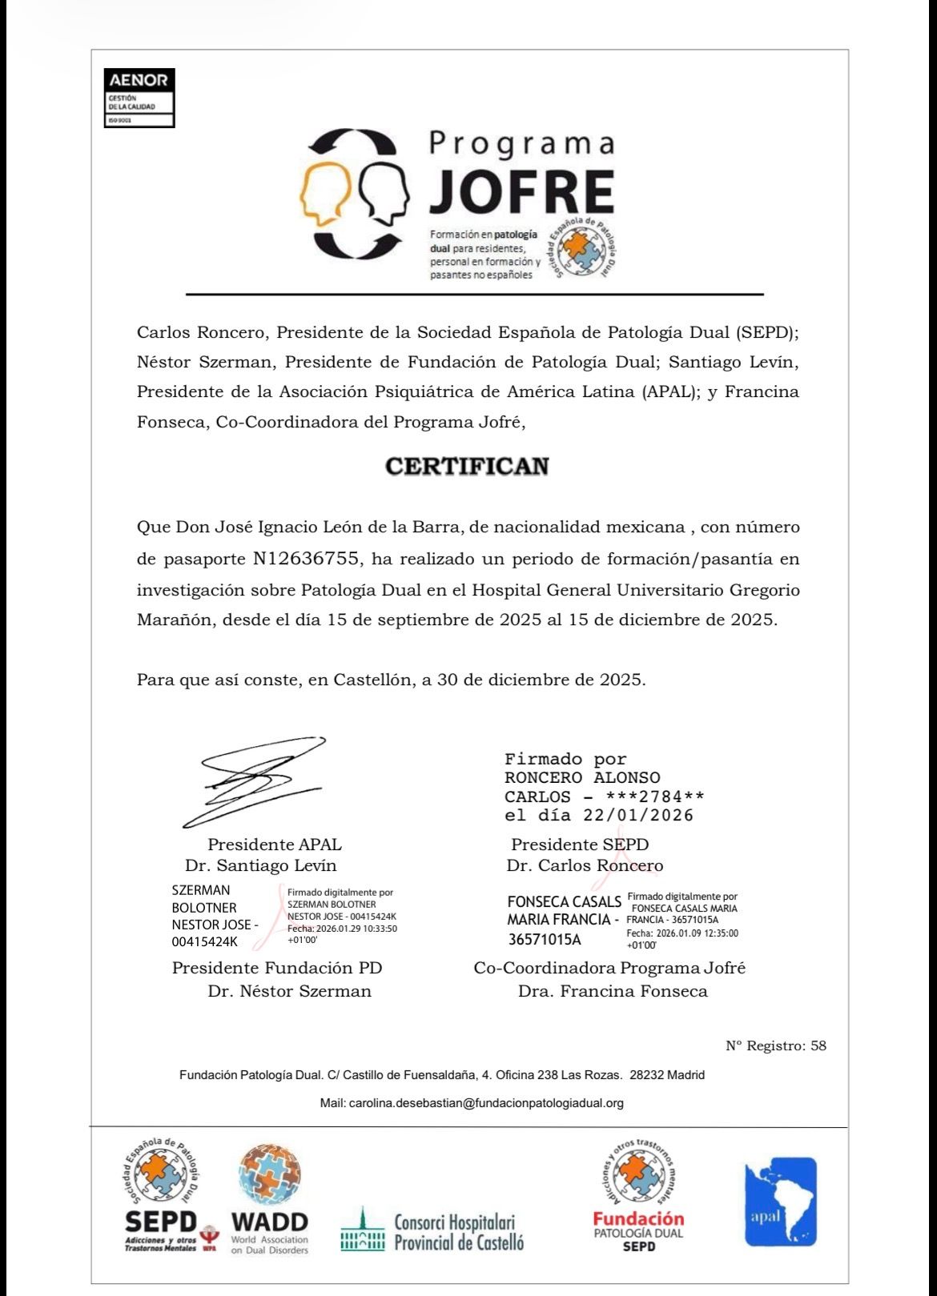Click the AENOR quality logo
click(139, 98)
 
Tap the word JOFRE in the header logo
click(522, 192)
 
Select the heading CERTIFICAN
click(468, 467)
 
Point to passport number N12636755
click(305, 559)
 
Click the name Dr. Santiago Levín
click(260, 865)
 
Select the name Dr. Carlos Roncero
click(585, 865)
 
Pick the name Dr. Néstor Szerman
click(289, 991)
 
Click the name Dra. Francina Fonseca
click(613, 991)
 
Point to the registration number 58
click(818, 1045)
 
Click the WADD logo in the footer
click(269, 1198)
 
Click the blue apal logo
click(780, 1202)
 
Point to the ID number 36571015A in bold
click(545, 939)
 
